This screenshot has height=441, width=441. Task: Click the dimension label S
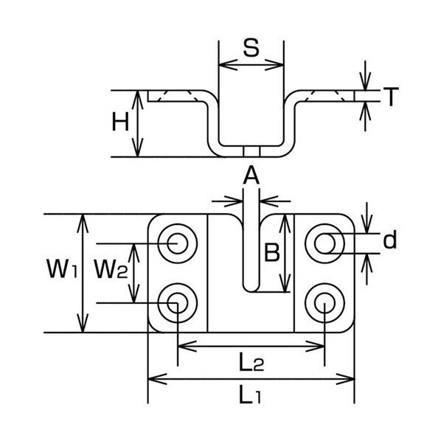[x=251, y=50]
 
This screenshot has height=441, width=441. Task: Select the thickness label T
[x=392, y=96]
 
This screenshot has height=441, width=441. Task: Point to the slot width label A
[x=251, y=175]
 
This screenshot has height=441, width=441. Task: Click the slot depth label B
[x=271, y=253]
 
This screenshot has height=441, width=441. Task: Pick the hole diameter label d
[x=391, y=240]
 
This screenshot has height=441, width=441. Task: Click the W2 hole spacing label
[x=111, y=271]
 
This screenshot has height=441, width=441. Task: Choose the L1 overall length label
[x=251, y=396]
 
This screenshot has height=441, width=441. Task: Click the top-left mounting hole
[x=177, y=241]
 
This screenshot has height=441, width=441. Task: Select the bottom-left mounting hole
[x=177, y=302]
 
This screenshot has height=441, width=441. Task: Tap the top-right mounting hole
[x=325, y=241]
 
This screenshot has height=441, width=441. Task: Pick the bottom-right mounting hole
[x=325, y=302]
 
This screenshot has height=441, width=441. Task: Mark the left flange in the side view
[x=177, y=96]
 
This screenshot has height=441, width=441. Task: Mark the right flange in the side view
[x=324, y=96]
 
